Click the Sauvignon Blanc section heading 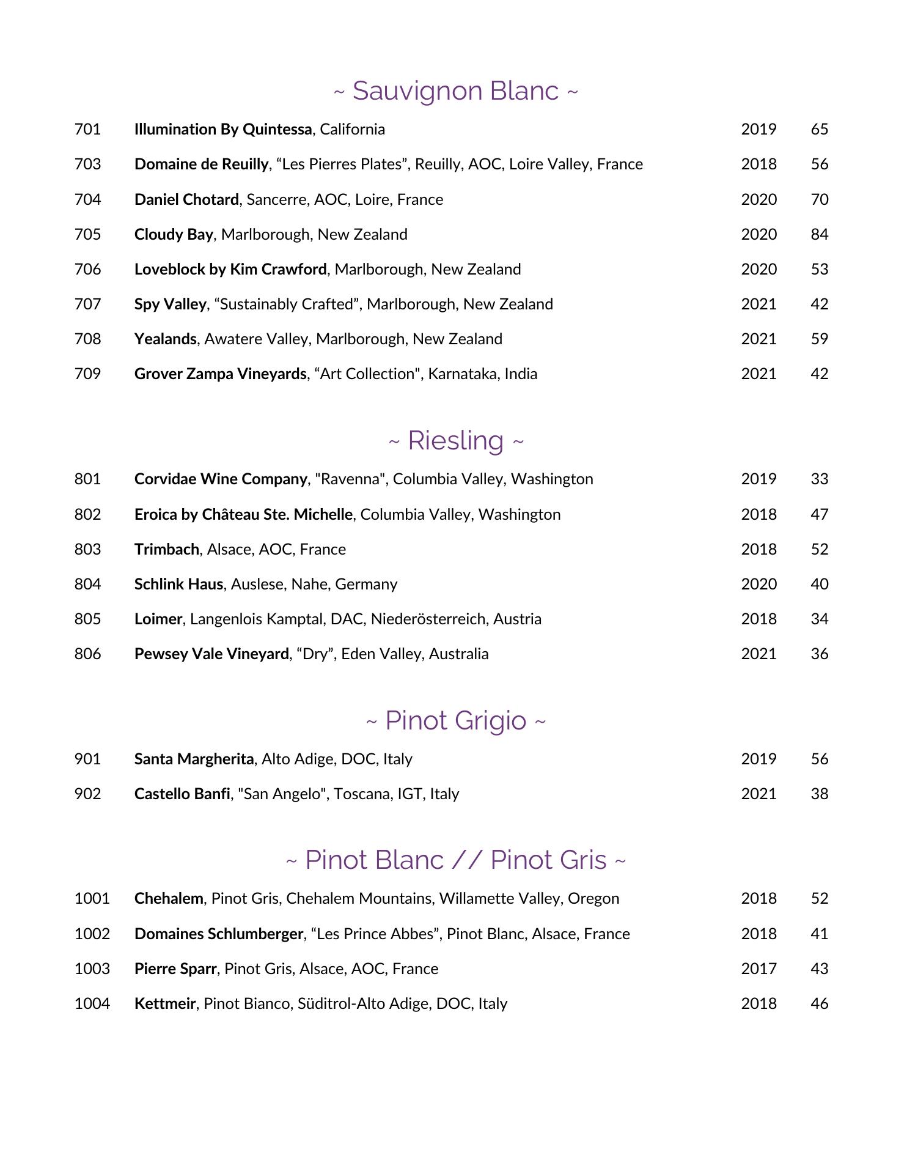[455, 91]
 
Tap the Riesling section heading [455, 441]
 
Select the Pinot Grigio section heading [455, 721]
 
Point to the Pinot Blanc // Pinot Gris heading [455, 860]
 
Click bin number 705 [87, 235]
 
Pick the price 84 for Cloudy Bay [819, 235]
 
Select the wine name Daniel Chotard [186, 200]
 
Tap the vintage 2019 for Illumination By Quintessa [758, 130]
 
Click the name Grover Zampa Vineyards [220, 374]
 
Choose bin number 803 [87, 550]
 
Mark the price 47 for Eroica [819, 515]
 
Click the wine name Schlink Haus [178, 585]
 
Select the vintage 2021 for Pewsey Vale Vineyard [758, 654]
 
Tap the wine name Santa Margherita [194, 759]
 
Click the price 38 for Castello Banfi [819, 794]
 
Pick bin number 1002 [92, 934]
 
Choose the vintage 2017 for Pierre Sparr [758, 969]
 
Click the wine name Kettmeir [165, 1004]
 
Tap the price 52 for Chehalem [819, 899]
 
